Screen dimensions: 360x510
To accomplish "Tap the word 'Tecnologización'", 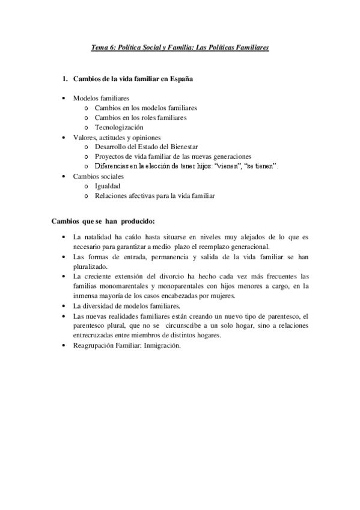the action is [x=119, y=127].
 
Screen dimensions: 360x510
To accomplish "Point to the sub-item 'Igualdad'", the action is [x=108, y=186].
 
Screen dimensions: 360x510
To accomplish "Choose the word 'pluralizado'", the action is [x=90, y=266].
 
